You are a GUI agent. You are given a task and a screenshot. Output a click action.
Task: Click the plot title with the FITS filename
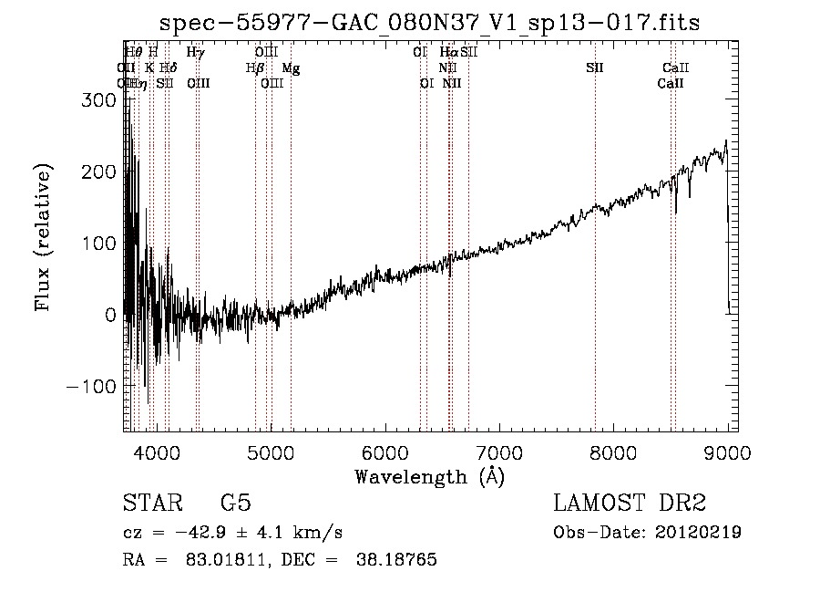pos(430,23)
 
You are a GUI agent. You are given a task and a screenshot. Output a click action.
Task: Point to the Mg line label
pos(290,68)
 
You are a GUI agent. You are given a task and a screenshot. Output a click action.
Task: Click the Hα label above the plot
pos(448,53)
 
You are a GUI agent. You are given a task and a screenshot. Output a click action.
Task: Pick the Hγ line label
pos(195,53)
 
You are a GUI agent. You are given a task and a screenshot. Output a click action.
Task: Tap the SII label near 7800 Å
pos(594,68)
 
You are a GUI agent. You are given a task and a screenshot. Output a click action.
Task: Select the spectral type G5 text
pos(235,504)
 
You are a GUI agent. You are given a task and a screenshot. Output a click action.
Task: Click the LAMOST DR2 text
pos(630,504)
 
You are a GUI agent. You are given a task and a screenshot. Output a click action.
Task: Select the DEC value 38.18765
pos(398,560)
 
